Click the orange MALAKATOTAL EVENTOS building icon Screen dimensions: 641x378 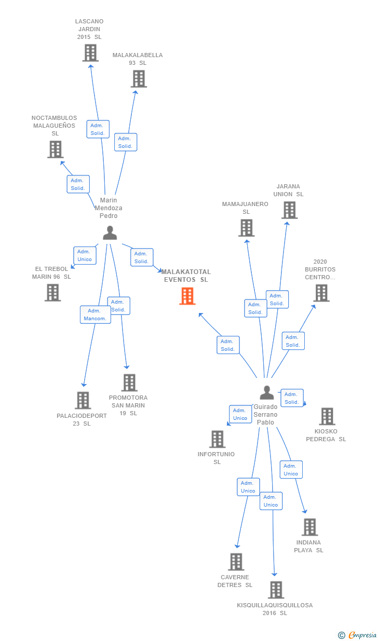pos(187,296)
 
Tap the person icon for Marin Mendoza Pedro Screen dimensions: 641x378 pos(110,233)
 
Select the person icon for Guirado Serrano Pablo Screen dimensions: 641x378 pos(266,393)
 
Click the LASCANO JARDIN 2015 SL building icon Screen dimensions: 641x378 pos(90,52)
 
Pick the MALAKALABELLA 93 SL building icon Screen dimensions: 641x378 pos(138,79)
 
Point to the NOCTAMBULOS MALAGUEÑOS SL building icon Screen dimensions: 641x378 pos(55,149)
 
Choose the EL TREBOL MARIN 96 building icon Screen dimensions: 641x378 pos(52,293)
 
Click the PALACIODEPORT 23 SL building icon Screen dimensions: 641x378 pos(83,400)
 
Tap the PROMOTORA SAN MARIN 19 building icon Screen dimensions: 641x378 pos(129,383)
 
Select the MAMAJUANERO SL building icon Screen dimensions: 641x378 pos(246,228)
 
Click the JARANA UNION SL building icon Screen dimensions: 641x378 pos(289,210)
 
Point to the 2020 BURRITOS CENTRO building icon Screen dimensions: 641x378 pos(321,293)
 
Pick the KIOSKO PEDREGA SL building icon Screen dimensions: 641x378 pos(327,416)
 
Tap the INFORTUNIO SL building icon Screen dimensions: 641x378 pos(217,439)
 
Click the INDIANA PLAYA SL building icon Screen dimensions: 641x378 pos(309,527)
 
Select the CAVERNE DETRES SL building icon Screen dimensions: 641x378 pos(236,562)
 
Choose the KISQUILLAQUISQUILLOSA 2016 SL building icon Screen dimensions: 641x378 pos(276,590)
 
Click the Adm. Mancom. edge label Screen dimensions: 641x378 pos(96,315)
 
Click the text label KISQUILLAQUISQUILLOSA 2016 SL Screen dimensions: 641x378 pos(275,609)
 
